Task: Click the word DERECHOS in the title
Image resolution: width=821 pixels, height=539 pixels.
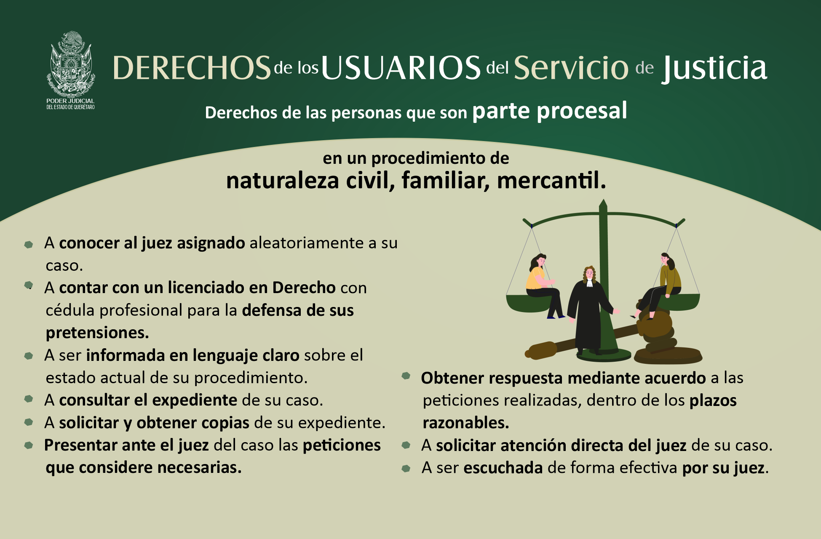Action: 192,68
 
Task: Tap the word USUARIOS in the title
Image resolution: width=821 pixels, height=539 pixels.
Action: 401,68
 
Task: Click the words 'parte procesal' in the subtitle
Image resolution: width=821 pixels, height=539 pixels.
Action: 550,111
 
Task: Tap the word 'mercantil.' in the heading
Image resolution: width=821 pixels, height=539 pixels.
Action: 551,180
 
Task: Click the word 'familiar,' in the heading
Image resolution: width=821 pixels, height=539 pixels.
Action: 446,180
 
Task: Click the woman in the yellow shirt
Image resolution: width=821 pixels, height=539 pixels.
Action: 543,286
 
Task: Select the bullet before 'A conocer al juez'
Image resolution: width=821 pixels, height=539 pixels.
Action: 29,244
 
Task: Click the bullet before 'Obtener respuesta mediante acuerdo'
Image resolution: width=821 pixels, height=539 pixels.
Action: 406,376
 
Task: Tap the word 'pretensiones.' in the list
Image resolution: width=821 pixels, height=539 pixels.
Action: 97,333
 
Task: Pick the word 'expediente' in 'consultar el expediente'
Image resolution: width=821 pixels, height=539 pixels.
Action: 195,400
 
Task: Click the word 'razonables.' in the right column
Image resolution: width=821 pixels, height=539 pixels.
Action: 466,422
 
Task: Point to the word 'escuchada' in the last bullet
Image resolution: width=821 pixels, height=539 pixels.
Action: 503,467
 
